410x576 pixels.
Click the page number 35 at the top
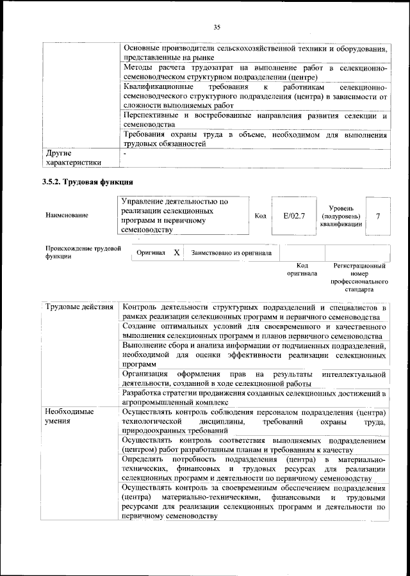(x=217, y=26)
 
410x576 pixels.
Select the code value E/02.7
(x=294, y=216)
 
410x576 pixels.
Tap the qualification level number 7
(x=377, y=216)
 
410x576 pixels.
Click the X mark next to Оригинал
(x=177, y=253)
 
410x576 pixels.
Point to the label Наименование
(x=67, y=216)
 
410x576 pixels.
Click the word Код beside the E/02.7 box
(x=260, y=216)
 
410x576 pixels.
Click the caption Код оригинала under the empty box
(x=302, y=269)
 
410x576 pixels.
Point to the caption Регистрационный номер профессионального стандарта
(x=359, y=277)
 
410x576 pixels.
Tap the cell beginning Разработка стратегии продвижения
(x=254, y=397)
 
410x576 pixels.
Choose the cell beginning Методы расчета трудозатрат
(x=254, y=72)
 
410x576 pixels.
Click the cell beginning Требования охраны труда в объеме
(x=254, y=140)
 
